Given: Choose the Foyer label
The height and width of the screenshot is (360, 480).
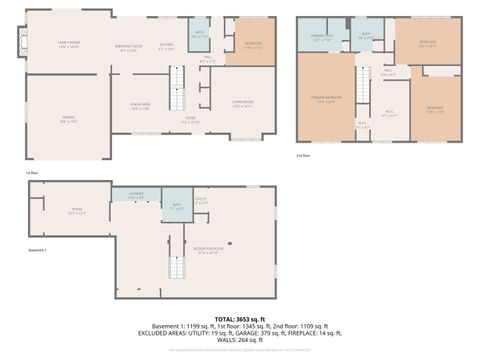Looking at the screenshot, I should pos(189,121).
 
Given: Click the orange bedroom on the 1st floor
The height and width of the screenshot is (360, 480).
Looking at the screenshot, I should pos(253,44).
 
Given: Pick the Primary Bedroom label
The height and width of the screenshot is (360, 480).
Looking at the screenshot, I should pos(328,98).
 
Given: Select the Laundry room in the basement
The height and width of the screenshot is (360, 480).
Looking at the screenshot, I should pos(137,197).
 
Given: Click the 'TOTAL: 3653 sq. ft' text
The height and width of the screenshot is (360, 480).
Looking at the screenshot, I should pos(239,318).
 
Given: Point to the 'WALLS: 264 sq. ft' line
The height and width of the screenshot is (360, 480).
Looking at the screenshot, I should pos(239,341).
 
